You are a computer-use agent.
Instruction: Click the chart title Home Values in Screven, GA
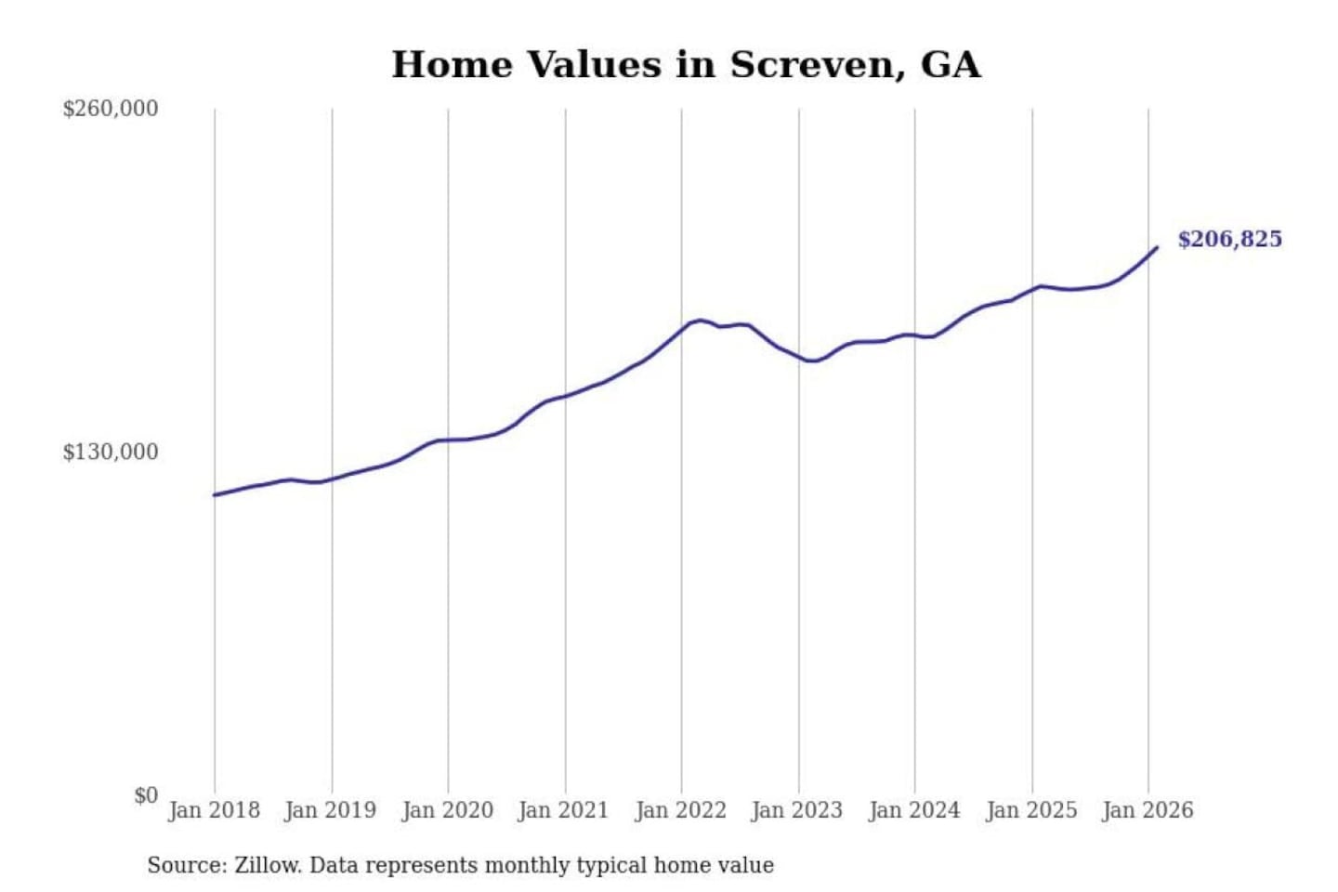tap(686, 65)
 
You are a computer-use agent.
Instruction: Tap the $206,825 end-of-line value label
tap(1229, 240)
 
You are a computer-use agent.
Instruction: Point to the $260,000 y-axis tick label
tap(111, 109)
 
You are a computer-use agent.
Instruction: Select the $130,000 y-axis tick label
tap(111, 453)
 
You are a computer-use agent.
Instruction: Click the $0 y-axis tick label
tap(145, 795)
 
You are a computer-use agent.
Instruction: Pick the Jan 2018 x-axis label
tap(214, 810)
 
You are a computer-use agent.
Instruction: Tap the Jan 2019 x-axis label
tap(330, 810)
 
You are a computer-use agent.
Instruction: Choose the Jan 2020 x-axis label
tap(447, 810)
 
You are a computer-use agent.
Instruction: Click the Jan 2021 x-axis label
tap(563, 810)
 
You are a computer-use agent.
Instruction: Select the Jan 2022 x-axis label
tap(680, 810)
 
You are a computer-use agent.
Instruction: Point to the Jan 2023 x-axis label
tap(796, 810)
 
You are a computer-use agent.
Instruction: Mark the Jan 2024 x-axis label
tap(913, 810)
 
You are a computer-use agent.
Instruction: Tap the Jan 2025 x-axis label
tap(1030, 810)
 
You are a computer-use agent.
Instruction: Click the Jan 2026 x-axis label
tap(1147, 810)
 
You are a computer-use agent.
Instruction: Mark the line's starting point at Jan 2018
tap(215, 495)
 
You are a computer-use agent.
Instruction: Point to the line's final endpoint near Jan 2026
tap(1157, 247)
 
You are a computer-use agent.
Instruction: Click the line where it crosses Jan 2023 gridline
tap(798, 357)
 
